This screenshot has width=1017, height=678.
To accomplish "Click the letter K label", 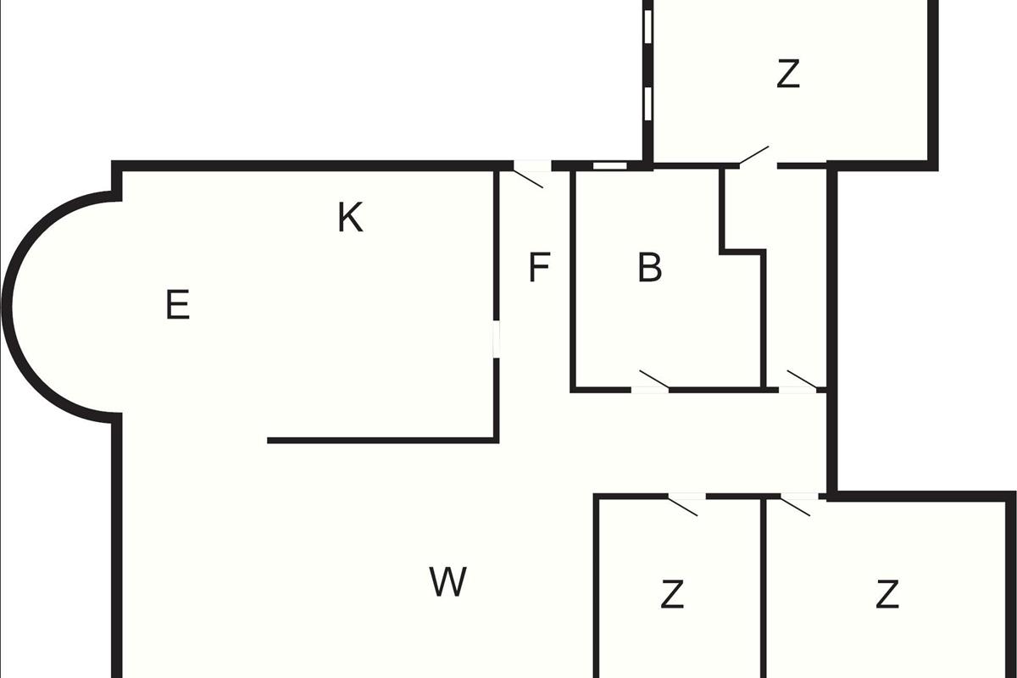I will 350,218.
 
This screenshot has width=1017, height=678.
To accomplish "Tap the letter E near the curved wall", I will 177,305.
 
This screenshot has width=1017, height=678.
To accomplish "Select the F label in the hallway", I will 539,269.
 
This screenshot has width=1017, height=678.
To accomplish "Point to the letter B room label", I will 649,269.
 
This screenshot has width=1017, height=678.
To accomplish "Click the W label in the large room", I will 447,582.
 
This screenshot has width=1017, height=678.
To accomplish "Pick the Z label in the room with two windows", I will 788,75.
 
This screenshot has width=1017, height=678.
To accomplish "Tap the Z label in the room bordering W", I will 672,595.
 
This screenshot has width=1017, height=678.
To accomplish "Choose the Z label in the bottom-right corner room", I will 887,595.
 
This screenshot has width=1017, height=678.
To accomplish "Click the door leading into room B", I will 652,384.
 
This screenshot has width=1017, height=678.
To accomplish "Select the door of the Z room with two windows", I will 756,158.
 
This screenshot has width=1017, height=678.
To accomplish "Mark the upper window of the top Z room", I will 647,25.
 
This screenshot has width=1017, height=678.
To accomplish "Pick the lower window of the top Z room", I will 647,103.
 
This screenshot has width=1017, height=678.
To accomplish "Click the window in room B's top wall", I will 609,165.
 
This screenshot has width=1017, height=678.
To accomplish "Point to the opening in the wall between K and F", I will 497,337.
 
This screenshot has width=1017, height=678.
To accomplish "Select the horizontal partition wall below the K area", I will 381,440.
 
